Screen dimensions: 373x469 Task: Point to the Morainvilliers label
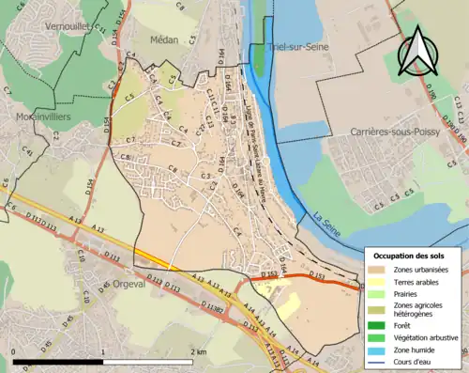click(x=44, y=117)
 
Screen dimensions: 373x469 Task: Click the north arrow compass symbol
click(x=417, y=51)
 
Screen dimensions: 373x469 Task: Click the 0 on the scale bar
click(x=14, y=352)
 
